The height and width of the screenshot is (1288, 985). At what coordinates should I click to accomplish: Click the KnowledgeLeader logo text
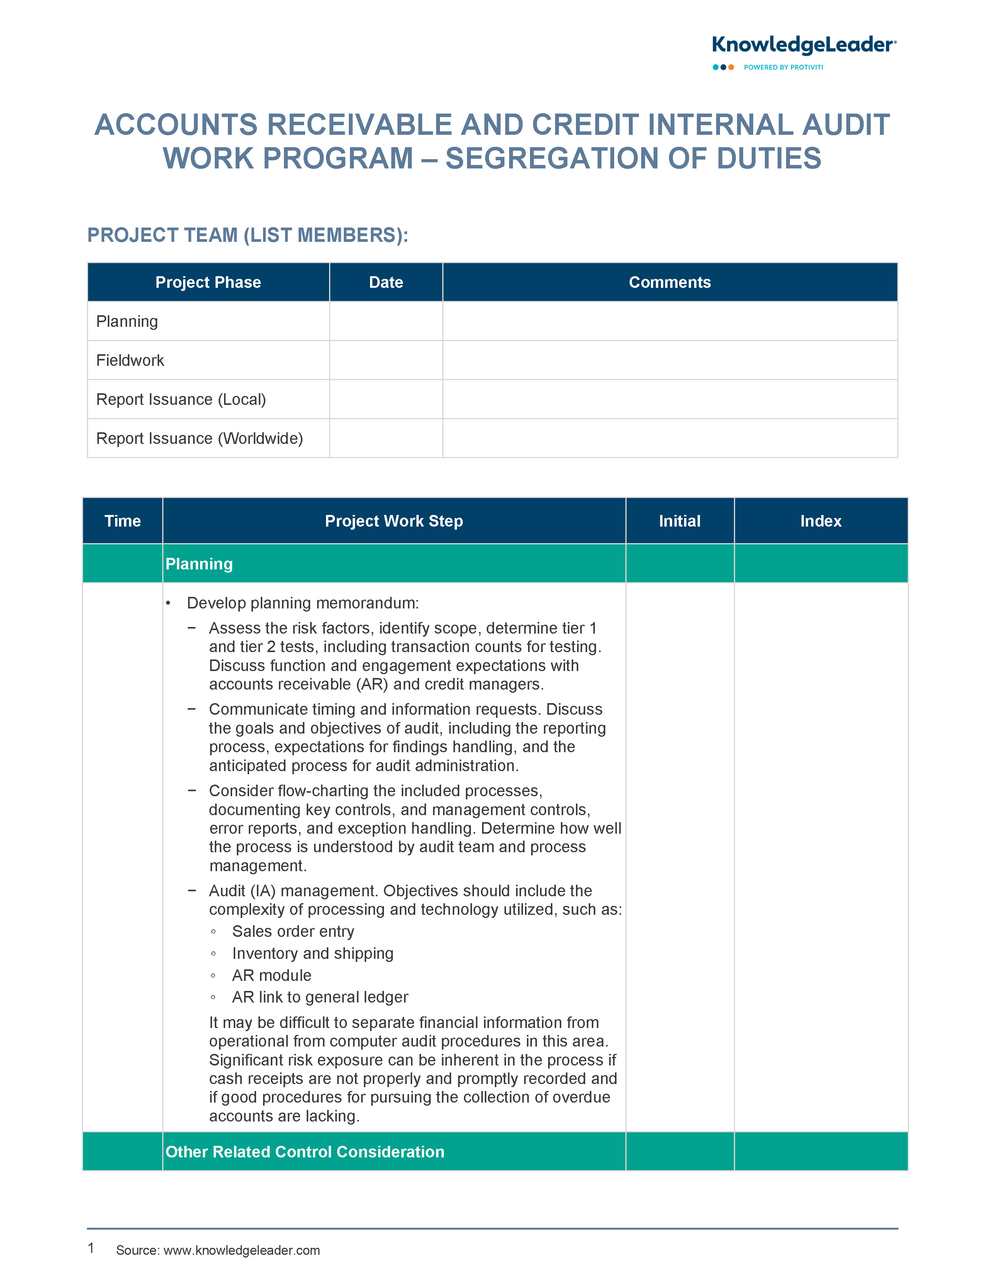click(803, 45)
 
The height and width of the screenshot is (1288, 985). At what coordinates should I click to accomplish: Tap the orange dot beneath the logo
click(731, 68)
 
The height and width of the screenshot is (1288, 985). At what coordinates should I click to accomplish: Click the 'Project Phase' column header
click(208, 282)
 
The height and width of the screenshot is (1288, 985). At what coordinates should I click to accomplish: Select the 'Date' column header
click(386, 282)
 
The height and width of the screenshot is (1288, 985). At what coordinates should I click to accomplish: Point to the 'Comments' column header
click(669, 282)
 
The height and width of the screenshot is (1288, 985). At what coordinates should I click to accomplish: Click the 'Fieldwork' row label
click(130, 360)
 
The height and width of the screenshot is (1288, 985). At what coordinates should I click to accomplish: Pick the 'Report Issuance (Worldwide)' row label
click(199, 438)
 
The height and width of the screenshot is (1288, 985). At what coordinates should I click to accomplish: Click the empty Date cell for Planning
click(386, 321)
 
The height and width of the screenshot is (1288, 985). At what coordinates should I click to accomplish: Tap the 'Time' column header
click(122, 521)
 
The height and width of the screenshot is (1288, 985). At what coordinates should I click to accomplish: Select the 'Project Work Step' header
click(394, 521)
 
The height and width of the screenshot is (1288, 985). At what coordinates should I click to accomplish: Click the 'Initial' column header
click(679, 521)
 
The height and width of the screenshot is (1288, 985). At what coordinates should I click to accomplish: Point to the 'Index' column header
click(821, 521)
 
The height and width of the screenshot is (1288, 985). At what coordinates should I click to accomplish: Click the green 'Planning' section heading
click(199, 564)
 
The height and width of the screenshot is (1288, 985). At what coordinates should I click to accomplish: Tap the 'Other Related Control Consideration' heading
click(305, 1152)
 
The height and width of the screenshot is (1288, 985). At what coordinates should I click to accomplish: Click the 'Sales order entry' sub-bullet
click(293, 931)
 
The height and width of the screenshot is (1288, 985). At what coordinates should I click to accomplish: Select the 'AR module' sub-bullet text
click(272, 975)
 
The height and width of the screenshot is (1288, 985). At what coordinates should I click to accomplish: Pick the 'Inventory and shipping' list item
click(312, 954)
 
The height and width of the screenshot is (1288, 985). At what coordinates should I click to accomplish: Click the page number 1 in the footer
click(91, 1248)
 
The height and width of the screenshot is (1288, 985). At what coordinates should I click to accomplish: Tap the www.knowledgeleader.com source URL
click(241, 1251)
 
